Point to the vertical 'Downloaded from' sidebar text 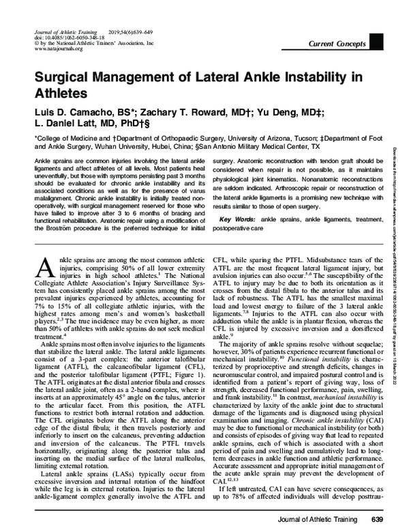click(397, 205)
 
